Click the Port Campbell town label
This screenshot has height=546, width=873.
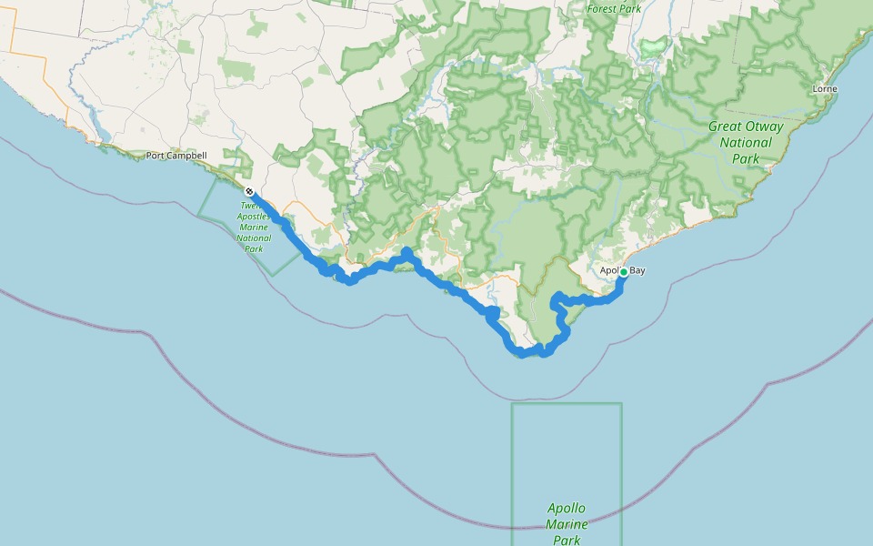[176, 156]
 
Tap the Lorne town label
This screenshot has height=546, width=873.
[825, 89]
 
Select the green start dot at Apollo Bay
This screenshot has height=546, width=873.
[623, 272]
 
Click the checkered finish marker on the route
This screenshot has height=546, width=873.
[249, 191]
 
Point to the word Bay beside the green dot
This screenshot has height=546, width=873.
[637, 270]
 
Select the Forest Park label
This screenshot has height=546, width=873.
[614, 9]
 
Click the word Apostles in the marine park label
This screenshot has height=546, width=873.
[253, 217]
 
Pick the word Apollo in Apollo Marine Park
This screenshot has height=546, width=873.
[567, 508]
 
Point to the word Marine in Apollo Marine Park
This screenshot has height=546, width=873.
[567, 524]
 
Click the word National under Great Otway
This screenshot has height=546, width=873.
[746, 143]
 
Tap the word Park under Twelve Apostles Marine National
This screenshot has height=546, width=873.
[253, 248]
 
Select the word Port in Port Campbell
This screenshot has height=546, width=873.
[156, 156]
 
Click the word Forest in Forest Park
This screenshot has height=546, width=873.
[602, 9]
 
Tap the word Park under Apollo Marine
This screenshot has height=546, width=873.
[567, 540]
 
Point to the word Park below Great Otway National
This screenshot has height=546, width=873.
[746, 158]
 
